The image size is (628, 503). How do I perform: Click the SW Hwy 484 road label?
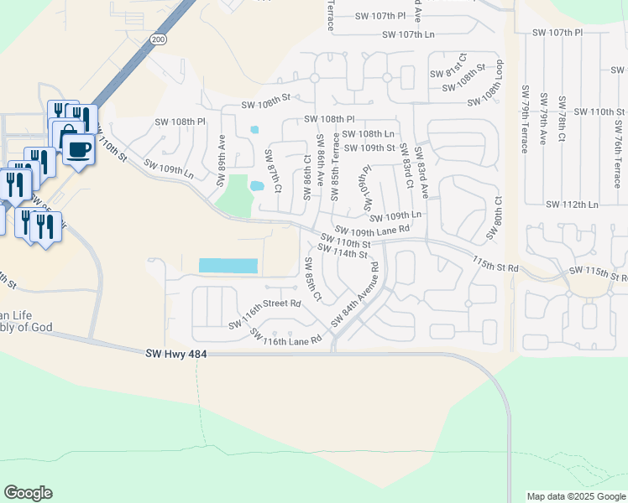tap(175, 355)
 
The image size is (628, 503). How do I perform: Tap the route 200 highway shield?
tap(158, 39)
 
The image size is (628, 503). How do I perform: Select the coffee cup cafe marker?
tap(79, 149)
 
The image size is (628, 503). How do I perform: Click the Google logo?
tap(28, 493)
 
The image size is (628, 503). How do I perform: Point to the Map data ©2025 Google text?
tap(576, 496)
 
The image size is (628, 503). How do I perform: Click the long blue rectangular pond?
tap(228, 266)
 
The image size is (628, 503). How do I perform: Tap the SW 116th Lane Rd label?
tap(286, 337)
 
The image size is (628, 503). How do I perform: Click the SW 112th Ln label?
tap(572, 205)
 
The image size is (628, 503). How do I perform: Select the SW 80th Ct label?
tap(497, 216)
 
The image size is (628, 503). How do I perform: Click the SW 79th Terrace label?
tap(525, 118)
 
